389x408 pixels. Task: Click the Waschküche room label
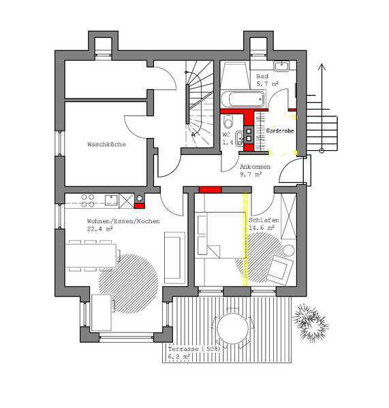(x=106, y=144)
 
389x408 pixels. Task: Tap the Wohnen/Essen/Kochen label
(x=123, y=221)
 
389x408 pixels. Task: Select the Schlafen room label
(x=264, y=220)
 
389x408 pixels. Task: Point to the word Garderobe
(x=280, y=131)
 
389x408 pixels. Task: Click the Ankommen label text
(x=255, y=167)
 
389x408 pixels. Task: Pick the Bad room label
(x=262, y=76)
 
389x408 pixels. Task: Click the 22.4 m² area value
(x=100, y=229)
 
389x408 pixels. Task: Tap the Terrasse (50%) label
(x=194, y=349)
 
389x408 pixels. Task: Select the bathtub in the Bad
(x=243, y=99)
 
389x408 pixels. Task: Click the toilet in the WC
(x=228, y=122)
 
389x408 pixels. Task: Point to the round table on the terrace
(x=232, y=328)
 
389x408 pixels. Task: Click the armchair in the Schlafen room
(x=279, y=269)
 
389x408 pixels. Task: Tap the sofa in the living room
(x=174, y=258)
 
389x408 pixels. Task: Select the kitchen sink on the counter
(x=111, y=201)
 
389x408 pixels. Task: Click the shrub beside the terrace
(x=310, y=322)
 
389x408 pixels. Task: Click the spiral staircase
(x=200, y=104)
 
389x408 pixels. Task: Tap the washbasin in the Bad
(x=281, y=66)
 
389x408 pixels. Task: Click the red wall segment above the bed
(x=210, y=190)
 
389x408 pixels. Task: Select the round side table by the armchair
(x=288, y=250)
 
